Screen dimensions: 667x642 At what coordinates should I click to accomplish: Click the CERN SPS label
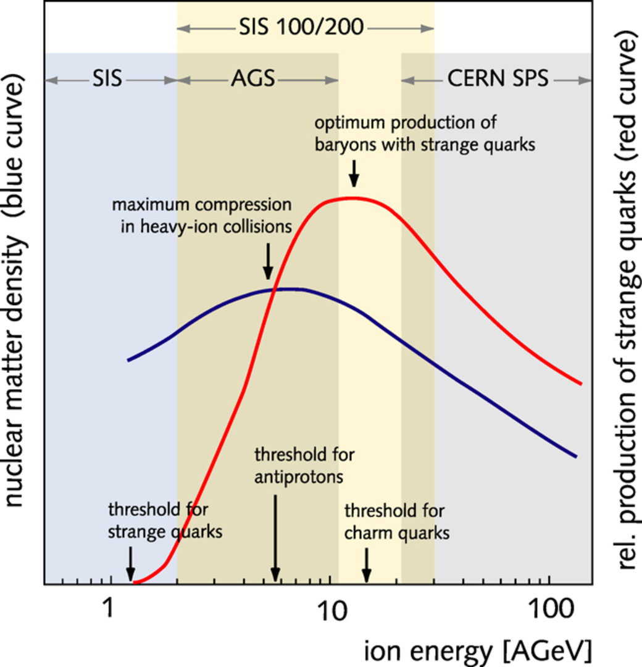(497, 80)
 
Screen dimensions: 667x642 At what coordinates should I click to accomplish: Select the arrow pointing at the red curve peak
(353, 173)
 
